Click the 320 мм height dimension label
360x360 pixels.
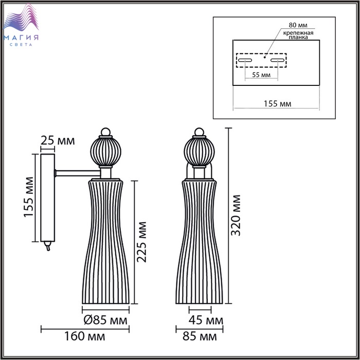(x=236, y=215)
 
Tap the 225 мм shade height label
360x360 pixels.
(x=141, y=242)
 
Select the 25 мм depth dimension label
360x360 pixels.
(x=58, y=140)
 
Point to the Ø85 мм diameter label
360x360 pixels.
(x=105, y=320)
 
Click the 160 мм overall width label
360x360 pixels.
(x=84, y=336)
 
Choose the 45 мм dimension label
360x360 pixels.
(x=206, y=320)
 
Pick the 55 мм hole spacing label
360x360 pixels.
(x=261, y=75)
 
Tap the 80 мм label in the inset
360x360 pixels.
(x=298, y=25)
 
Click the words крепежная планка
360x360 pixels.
(x=298, y=35)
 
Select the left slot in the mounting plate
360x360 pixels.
(x=245, y=60)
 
